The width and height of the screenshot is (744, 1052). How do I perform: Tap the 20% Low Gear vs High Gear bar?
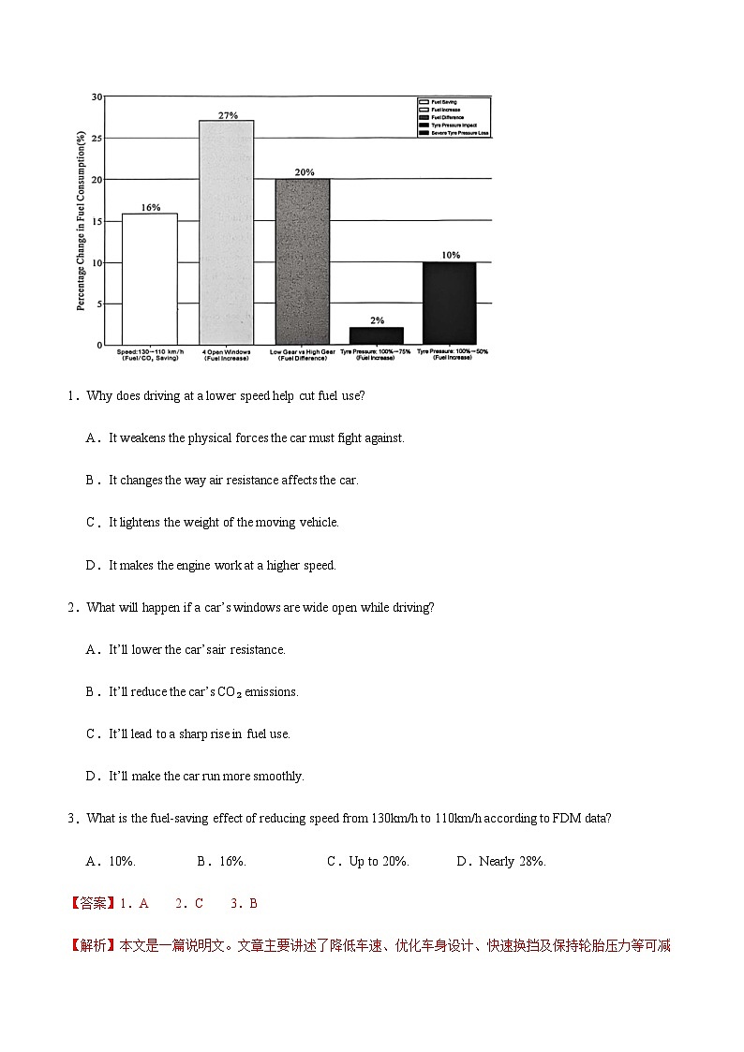pos(302,261)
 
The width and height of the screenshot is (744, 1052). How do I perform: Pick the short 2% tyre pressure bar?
pos(376,335)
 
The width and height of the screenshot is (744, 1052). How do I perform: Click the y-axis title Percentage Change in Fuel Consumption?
pos(82,221)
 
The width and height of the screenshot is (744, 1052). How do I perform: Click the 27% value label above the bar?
pos(228,115)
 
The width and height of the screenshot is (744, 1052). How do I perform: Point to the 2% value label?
pos(377,320)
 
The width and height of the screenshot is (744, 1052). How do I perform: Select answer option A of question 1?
pos(246,437)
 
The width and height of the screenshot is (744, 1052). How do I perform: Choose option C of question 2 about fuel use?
pos(188,733)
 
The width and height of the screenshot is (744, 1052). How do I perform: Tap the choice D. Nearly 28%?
pos(500,861)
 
